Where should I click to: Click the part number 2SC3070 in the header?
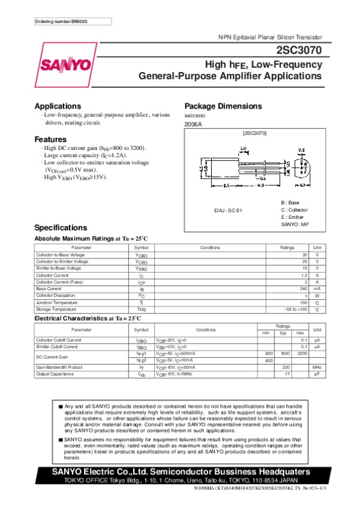point(300,51)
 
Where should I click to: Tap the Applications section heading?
point(58,106)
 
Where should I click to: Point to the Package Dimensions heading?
point(223,106)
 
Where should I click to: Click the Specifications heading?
point(61,228)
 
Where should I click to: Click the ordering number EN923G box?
point(62,22)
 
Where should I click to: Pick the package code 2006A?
point(193,124)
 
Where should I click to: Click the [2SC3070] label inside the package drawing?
point(254,132)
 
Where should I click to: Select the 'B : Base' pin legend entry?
point(292,203)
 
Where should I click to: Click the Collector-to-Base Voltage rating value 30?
point(305,255)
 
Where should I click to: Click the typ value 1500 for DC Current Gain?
point(286,354)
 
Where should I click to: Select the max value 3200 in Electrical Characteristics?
point(302,354)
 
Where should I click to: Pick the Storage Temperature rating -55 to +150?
point(296,309)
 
